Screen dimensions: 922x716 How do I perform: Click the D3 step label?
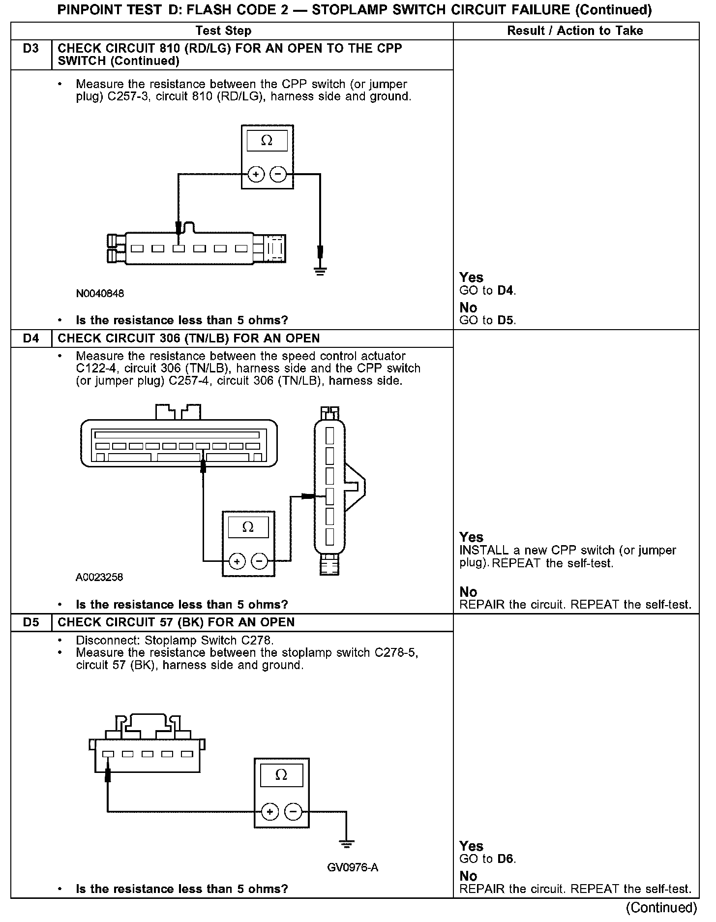tap(30, 49)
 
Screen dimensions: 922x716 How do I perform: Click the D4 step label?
tap(30, 338)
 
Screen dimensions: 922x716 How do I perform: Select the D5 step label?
tap(30, 622)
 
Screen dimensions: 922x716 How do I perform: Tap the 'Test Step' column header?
tap(223, 31)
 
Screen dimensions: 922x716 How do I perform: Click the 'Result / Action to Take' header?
tap(575, 31)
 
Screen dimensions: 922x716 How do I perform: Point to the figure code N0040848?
tap(100, 294)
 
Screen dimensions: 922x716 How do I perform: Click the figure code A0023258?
tap(99, 578)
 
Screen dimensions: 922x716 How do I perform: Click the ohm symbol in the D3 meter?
tap(267, 141)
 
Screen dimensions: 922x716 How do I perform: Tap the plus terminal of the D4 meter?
tap(237, 561)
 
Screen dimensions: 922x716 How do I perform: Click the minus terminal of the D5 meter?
tap(293, 812)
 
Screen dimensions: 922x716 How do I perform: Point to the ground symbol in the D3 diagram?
tap(320, 271)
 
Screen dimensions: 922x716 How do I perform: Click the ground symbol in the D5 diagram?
tap(347, 845)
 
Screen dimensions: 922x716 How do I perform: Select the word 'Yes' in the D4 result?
tap(471, 537)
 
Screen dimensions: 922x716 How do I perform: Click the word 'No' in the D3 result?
tap(468, 308)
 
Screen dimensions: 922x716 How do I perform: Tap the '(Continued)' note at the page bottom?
tap(661, 907)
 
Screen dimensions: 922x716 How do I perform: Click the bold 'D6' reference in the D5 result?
tap(506, 859)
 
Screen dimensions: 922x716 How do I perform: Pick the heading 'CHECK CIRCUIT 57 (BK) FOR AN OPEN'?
tap(176, 622)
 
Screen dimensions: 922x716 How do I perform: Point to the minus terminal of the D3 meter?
tap(278, 174)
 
